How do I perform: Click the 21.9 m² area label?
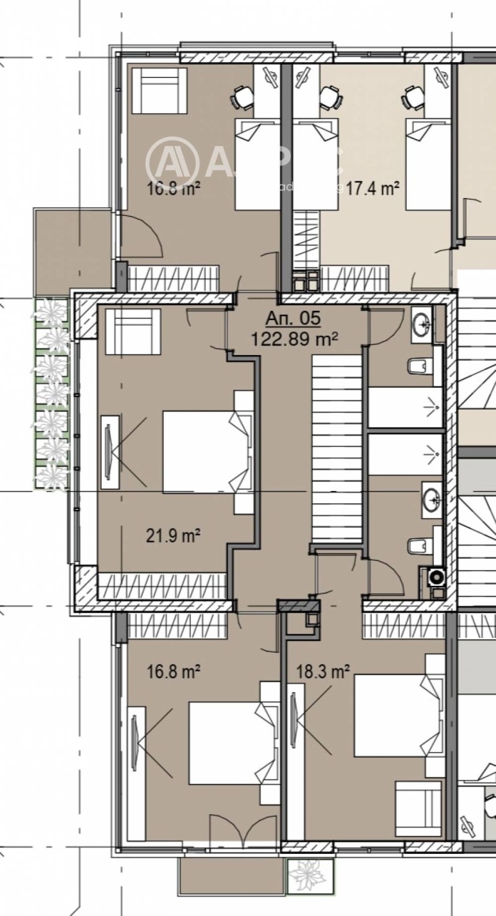click(x=172, y=535)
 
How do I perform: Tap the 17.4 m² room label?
click(x=372, y=188)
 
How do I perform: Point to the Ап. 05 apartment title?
click(x=293, y=319)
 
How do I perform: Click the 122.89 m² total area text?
click(x=294, y=339)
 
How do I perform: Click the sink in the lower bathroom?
click(x=432, y=496)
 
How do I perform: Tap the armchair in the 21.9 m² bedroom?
click(x=133, y=331)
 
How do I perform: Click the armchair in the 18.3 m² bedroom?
click(x=418, y=804)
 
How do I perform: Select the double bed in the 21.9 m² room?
click(x=205, y=452)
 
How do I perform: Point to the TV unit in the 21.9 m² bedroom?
click(x=110, y=452)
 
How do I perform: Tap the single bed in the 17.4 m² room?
click(x=428, y=164)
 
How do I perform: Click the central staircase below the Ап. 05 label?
click(x=337, y=447)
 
